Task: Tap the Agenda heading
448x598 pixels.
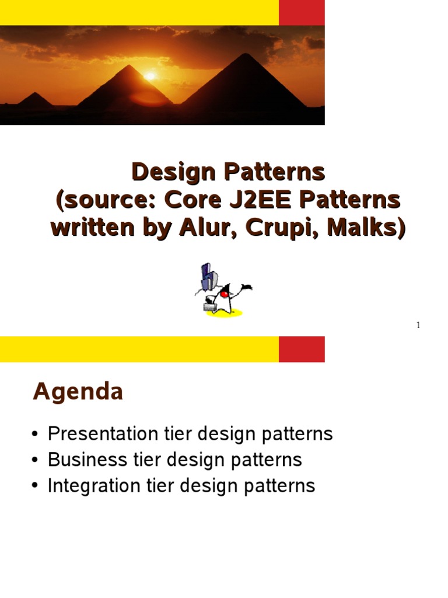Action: (x=78, y=392)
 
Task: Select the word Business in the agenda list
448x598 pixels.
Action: (x=87, y=459)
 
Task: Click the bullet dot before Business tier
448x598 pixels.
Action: (x=35, y=460)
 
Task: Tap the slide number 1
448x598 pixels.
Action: (x=418, y=325)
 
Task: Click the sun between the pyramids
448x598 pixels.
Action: (x=150, y=76)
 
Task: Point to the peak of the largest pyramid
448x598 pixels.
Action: (x=245, y=54)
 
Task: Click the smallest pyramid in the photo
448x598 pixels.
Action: (x=35, y=99)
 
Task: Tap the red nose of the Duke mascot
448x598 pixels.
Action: (x=225, y=294)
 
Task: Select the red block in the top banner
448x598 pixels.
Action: (x=302, y=13)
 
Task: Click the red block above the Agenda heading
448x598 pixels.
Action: (x=302, y=349)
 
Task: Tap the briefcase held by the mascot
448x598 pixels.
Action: (x=210, y=306)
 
